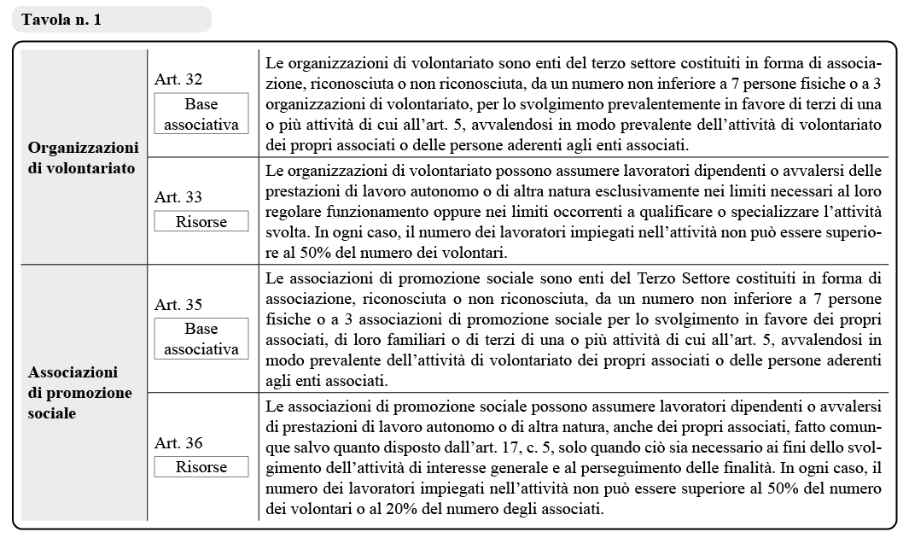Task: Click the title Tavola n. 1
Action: pyautogui.click(x=61, y=20)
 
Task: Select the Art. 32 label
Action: pyautogui.click(x=178, y=79)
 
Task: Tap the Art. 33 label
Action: pyautogui.click(x=178, y=197)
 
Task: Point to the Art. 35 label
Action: pyautogui.click(x=178, y=304)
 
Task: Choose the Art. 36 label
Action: pyautogui.click(x=178, y=443)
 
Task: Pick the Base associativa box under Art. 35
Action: pyautogui.click(x=201, y=339)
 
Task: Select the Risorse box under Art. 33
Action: pyautogui.click(x=201, y=221)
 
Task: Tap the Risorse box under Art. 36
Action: pyautogui.click(x=201, y=467)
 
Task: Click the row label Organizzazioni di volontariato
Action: pyautogui.click(x=82, y=157)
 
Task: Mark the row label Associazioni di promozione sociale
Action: pyautogui.click(x=80, y=393)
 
